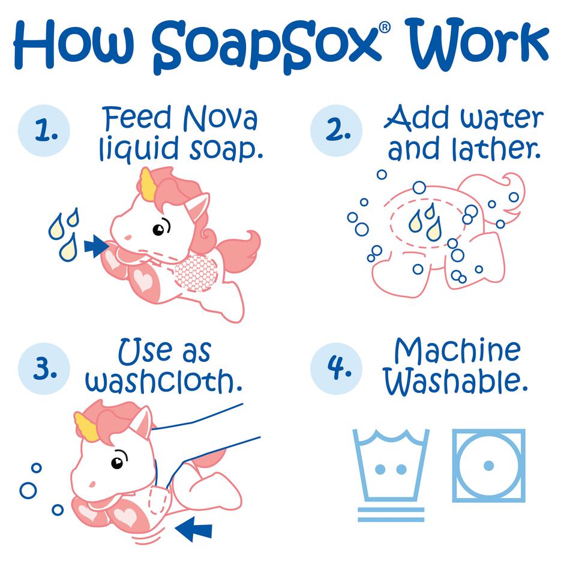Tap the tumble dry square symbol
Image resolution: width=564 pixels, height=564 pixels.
tap(488, 466)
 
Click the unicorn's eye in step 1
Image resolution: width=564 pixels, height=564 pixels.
tap(159, 229)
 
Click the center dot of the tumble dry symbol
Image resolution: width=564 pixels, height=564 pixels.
tap(488, 466)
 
